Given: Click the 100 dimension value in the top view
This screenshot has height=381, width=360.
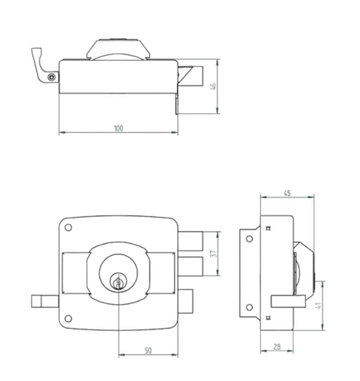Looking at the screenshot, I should click(x=118, y=128).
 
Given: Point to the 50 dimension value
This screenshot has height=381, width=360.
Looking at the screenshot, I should click(x=148, y=351).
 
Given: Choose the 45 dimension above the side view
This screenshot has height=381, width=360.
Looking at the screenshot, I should click(x=287, y=193).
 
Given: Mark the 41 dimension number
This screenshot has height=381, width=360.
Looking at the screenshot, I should click(x=319, y=305).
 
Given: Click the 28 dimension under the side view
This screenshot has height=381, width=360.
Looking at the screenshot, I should click(x=277, y=347).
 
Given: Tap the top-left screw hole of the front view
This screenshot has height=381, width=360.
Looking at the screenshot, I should click(x=68, y=227).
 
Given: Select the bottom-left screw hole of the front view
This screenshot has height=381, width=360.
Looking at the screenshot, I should click(x=68, y=319).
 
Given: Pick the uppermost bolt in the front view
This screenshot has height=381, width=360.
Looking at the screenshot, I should click(x=190, y=241).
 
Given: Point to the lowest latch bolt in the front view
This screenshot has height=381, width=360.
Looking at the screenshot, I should click(x=186, y=301).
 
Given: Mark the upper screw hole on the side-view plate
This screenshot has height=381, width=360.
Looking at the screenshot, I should click(x=249, y=239).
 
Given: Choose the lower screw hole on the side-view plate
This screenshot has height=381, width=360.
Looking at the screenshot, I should click(x=249, y=307).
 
